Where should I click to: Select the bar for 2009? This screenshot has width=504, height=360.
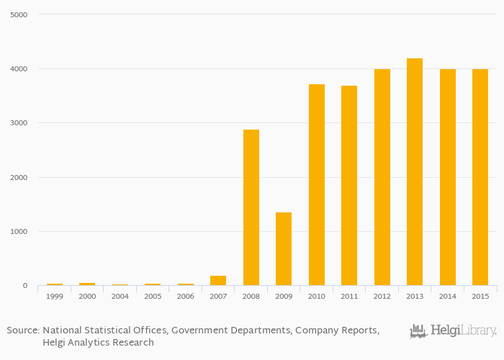[284, 249]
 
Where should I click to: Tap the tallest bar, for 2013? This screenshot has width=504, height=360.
[415, 172]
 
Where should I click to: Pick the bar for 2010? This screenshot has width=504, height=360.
[317, 185]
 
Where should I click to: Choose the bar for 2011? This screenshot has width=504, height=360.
[349, 186]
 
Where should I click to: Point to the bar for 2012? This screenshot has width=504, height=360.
[382, 177]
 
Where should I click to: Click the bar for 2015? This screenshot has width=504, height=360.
[480, 177]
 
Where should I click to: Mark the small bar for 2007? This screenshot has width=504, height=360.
[218, 281]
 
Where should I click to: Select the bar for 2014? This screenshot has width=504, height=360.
[448, 177]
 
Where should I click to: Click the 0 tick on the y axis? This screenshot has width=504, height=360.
[24, 286]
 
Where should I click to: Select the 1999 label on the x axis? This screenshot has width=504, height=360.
[54, 296]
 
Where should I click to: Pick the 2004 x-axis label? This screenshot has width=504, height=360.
[120, 296]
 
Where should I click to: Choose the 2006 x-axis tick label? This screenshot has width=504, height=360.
[186, 296]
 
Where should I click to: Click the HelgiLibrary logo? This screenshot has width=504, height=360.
[454, 331]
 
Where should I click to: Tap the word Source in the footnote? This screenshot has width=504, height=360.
[22, 330]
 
